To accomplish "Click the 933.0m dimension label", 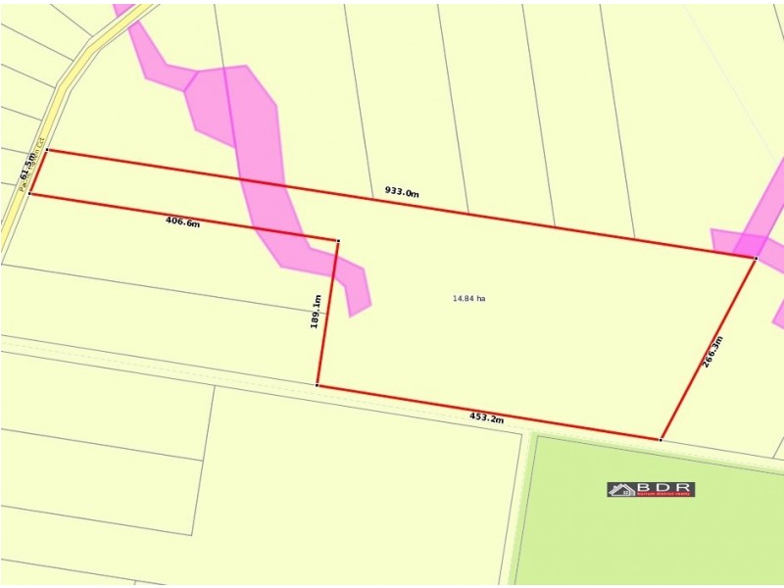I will tap(402, 192).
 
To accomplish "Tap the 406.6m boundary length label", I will tap(182, 222).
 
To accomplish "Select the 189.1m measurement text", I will tap(316, 311).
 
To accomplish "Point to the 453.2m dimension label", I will tap(486, 418).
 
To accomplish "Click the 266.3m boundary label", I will tap(713, 351).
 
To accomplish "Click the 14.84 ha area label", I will tap(468, 298).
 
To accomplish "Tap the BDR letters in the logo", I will tap(665, 487).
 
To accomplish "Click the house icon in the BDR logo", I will tap(621, 489).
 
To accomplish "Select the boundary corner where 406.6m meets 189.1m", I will tap(338, 240).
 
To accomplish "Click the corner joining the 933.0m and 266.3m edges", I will tap(756, 258).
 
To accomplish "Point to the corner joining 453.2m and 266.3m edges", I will tap(661, 439).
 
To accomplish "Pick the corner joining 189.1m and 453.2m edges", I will tap(318, 385).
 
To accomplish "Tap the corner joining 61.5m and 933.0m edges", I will tap(46, 150).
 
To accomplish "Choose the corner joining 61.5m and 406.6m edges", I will tap(29, 194).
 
